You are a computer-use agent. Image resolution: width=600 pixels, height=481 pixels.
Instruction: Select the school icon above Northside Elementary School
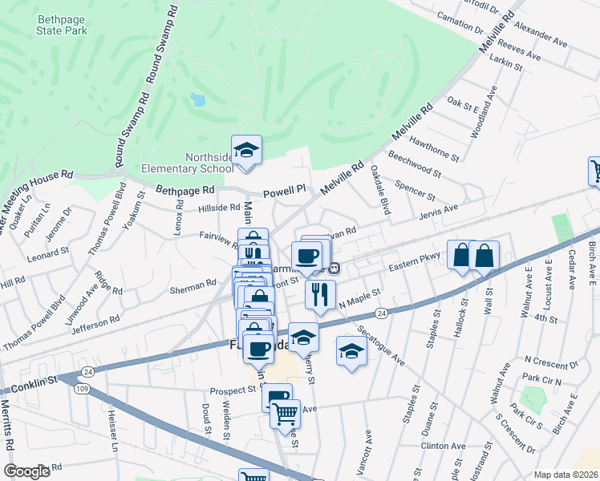pos(247,150)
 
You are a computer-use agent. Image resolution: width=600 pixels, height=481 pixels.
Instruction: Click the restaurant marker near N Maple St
pos(320,293)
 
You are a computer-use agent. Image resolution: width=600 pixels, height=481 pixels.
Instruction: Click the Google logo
pos(27,471)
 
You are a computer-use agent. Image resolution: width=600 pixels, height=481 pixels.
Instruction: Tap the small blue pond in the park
pos(197,100)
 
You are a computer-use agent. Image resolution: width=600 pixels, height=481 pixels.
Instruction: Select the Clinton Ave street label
pos(443,446)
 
